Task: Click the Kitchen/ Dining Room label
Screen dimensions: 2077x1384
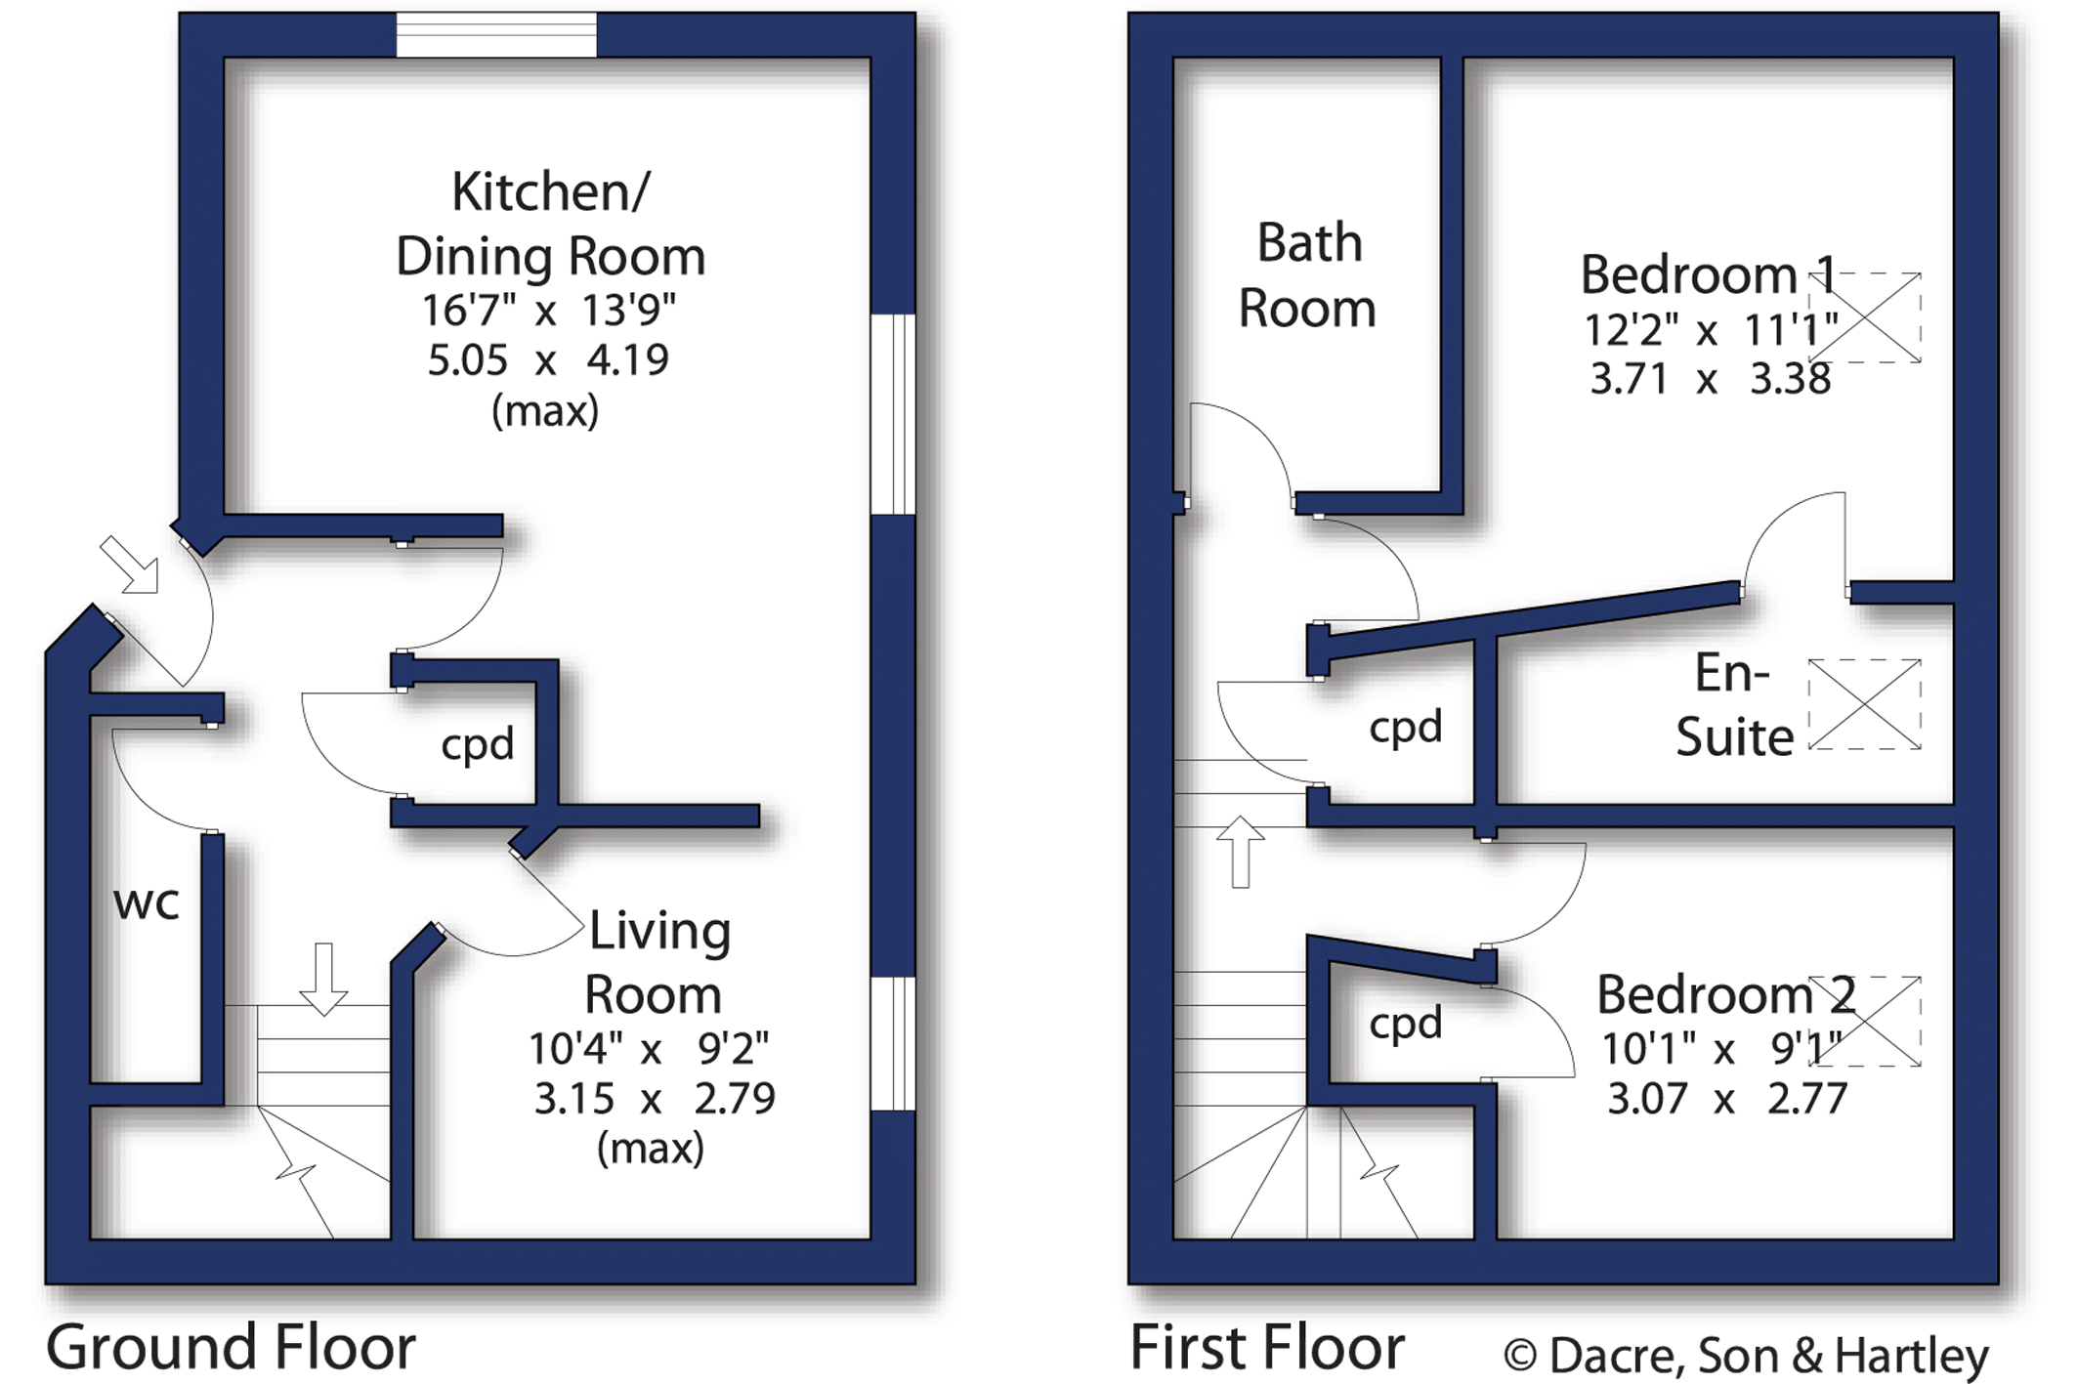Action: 550,225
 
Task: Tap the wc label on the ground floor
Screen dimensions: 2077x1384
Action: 147,903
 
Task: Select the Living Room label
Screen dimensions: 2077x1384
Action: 657,963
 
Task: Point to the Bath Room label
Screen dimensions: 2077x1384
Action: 1308,275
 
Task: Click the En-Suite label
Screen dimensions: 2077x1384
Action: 1734,704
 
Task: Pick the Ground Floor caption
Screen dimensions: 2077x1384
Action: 232,1347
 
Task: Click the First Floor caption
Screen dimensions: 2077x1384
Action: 1267,1347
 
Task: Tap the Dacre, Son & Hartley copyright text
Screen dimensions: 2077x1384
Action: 1746,1356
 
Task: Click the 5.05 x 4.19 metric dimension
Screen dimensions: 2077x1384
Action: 548,360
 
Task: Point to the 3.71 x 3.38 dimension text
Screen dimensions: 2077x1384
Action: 1711,379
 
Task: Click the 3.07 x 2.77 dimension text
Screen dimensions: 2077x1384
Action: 1727,1099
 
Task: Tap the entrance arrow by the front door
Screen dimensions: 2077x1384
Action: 129,565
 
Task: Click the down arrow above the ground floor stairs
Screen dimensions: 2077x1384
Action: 323,979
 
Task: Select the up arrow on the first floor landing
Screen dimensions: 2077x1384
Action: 1241,852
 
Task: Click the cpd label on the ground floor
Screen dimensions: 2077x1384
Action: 478,745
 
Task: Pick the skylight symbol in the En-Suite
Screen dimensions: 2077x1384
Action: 1865,704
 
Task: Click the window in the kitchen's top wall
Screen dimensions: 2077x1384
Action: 496,35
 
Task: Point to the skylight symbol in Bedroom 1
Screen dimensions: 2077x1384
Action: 1865,317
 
